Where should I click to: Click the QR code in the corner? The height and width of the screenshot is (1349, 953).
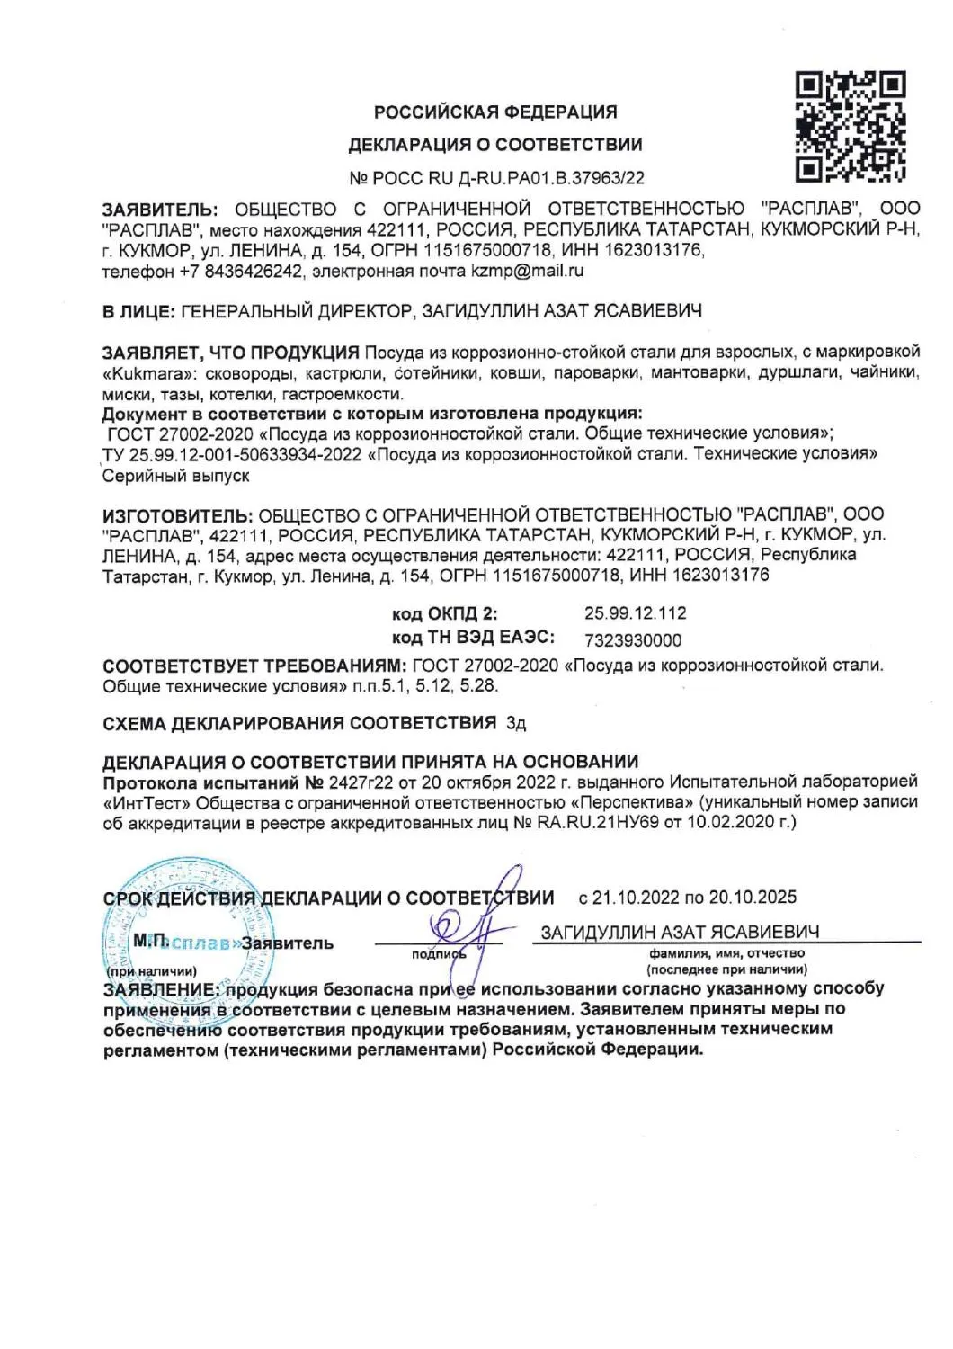tap(850, 127)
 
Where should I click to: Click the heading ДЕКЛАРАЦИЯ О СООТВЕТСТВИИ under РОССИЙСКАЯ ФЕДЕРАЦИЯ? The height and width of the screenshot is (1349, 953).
tap(495, 145)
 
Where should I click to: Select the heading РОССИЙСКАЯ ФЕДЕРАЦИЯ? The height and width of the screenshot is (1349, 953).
tap(495, 112)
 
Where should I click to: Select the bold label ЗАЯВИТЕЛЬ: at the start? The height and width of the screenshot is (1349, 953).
tap(159, 209)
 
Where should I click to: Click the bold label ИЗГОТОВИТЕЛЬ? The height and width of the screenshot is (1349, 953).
tap(177, 514)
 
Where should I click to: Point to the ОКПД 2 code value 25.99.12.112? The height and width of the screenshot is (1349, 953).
tap(635, 613)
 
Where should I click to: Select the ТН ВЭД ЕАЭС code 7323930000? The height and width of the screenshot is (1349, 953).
tap(633, 640)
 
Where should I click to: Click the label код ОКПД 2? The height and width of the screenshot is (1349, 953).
tap(444, 614)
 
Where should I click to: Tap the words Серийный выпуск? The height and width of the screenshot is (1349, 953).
tap(176, 476)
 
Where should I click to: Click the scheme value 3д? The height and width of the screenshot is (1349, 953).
tap(516, 723)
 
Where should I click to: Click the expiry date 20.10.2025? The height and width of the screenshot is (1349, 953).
tap(753, 898)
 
